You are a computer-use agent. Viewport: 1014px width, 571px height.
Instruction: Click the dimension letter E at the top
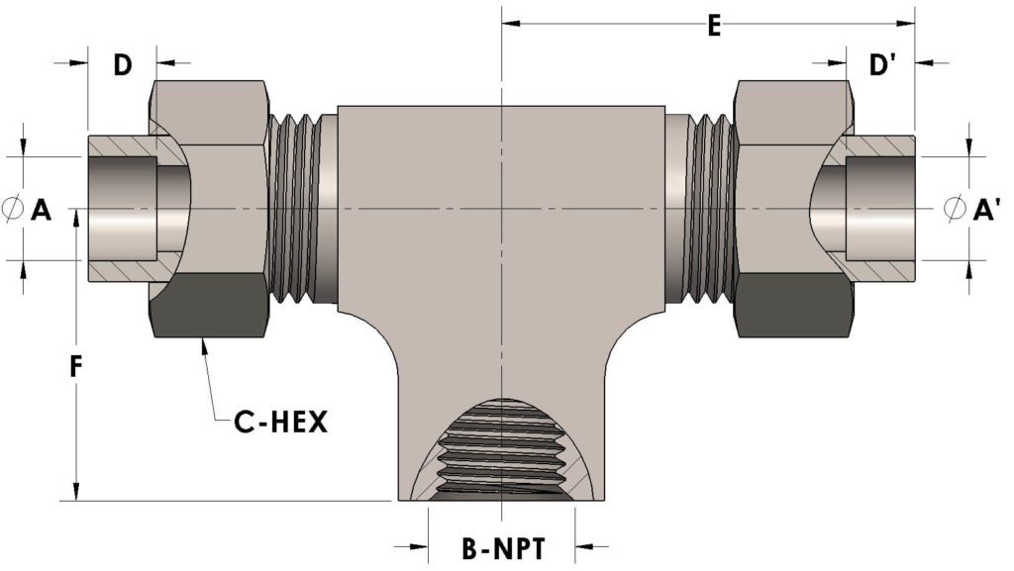tap(713, 26)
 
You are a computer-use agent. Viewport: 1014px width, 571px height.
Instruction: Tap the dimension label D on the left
tap(122, 65)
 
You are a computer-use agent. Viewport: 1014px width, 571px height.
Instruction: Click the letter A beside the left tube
tap(42, 209)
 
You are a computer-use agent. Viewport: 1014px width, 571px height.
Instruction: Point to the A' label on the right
tap(985, 209)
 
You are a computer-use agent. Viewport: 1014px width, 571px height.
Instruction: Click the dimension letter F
tap(75, 369)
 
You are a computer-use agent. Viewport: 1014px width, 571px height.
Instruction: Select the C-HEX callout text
tap(280, 423)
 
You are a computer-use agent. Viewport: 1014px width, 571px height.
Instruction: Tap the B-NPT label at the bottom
tap(504, 546)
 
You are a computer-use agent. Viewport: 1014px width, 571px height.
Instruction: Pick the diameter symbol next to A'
tap(955, 209)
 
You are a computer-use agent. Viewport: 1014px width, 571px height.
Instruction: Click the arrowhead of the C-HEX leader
tap(202, 342)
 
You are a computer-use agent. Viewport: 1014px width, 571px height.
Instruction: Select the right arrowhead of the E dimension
tap(907, 21)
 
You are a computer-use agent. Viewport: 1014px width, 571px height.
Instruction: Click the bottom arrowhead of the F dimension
tap(76, 494)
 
